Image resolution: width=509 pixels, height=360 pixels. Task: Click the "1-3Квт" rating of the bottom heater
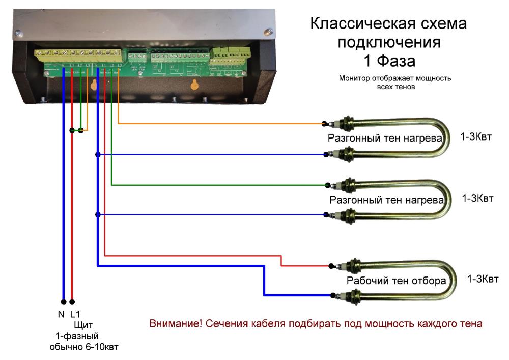[x=484, y=279]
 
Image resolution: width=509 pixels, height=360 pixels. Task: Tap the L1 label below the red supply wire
[x=75, y=314]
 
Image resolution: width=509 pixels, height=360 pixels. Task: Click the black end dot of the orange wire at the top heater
[x=324, y=124]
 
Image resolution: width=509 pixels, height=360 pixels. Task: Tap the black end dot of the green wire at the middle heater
[x=331, y=185]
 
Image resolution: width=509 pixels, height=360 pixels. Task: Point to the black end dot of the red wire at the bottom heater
[x=331, y=266]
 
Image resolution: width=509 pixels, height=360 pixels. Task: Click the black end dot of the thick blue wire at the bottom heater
[x=332, y=295]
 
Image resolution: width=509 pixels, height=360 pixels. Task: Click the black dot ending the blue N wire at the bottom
[x=63, y=301]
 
